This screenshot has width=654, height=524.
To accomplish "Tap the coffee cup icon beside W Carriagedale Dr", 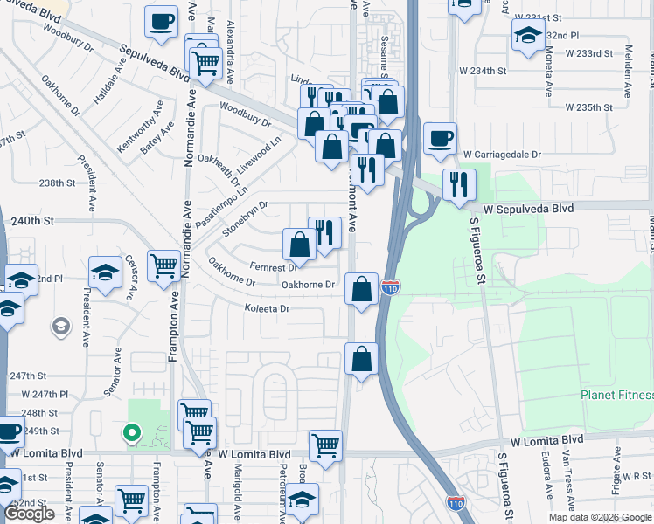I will click(x=439, y=138).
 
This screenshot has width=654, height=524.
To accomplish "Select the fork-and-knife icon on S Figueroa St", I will click(x=458, y=184).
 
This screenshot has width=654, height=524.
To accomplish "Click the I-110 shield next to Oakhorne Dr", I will click(x=391, y=286).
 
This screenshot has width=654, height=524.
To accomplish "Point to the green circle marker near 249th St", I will click(x=130, y=431).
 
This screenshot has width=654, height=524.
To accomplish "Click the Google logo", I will click(x=29, y=514).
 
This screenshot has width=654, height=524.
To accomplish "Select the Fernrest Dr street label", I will click(x=273, y=267).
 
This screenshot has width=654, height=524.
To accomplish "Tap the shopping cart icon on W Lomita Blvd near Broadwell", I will click(x=325, y=445).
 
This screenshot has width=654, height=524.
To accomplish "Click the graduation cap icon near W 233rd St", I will click(x=528, y=35).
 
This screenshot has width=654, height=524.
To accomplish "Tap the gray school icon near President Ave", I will click(x=60, y=327).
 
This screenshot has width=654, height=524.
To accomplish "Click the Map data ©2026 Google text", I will click(x=599, y=517).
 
